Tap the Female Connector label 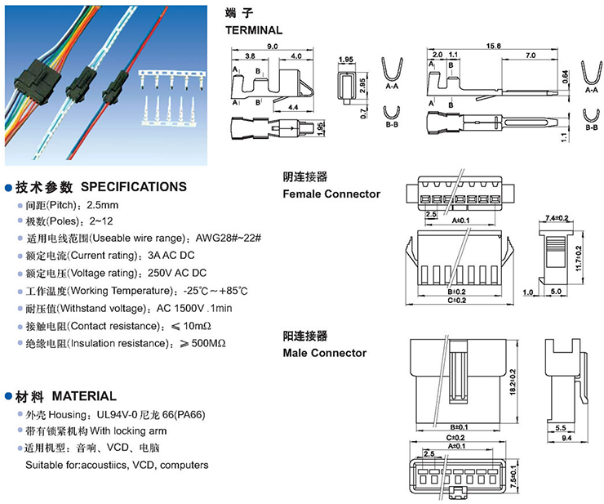pos(331,194)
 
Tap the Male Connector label pos(324,353)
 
